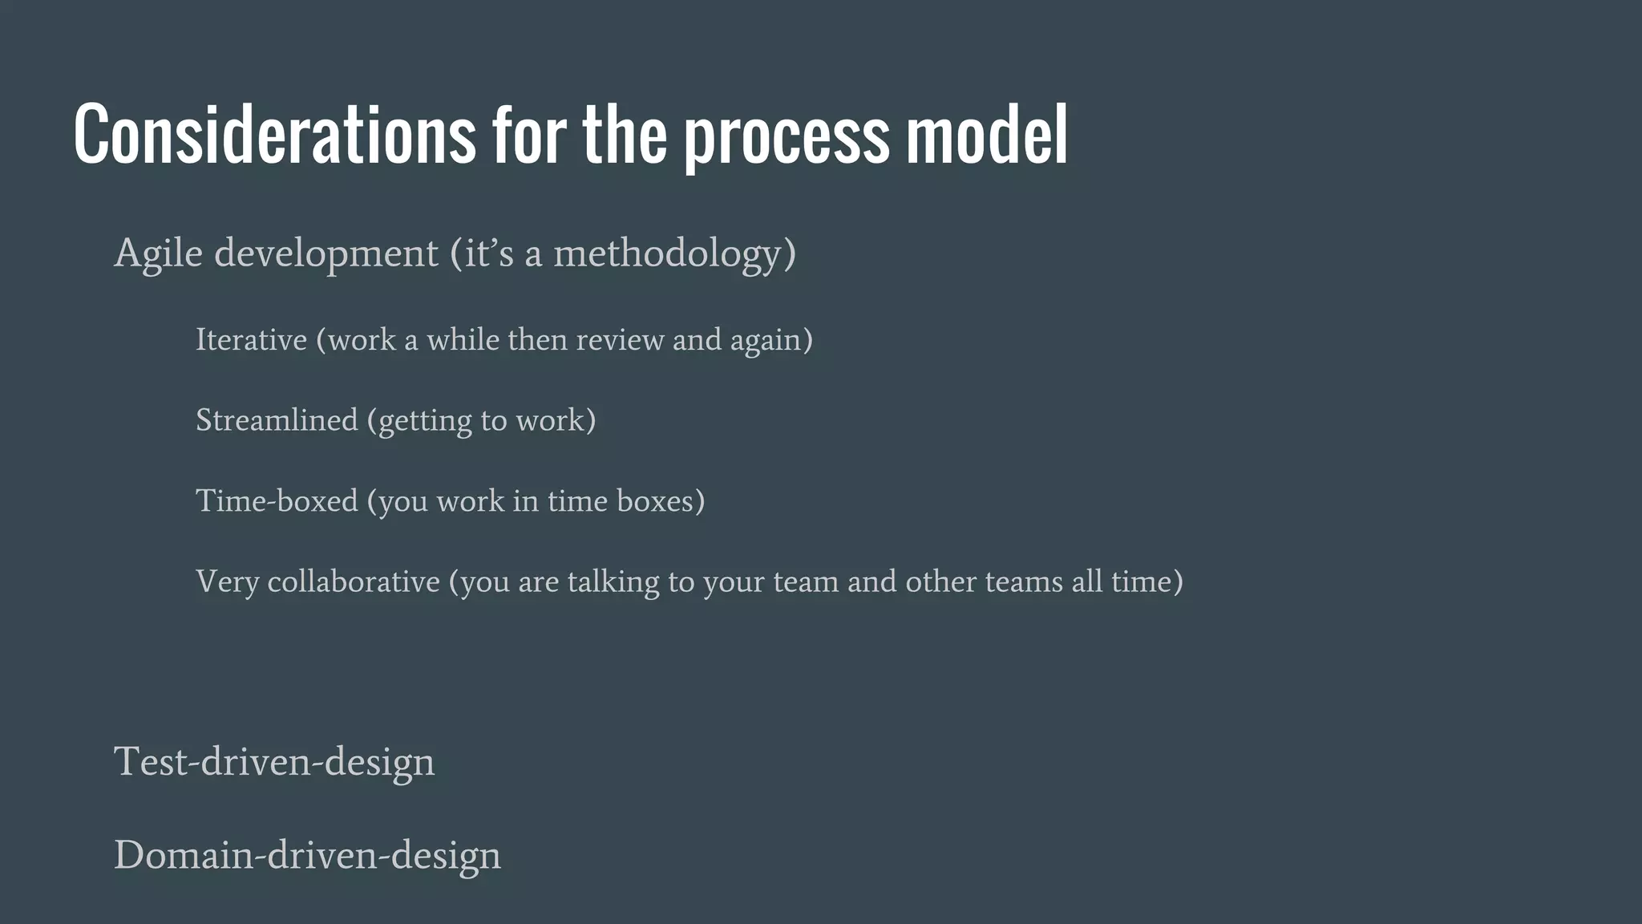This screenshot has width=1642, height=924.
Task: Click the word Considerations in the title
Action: pos(274,135)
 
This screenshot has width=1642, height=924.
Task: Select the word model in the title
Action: pos(987,135)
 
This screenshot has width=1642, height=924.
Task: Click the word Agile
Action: pos(158,254)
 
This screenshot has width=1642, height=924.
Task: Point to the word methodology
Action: pos(667,254)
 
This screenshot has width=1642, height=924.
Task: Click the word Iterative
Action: pos(251,340)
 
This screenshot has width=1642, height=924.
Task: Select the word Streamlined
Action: pos(277,420)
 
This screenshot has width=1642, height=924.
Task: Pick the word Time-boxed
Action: pos(277,501)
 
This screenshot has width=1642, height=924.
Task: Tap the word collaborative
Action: pos(354,582)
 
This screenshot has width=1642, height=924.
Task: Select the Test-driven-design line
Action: pos(274,761)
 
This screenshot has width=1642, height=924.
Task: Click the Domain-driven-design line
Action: pos(307,855)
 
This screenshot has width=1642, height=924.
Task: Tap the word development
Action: pos(326,254)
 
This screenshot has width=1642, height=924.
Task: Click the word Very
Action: pos(227,582)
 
